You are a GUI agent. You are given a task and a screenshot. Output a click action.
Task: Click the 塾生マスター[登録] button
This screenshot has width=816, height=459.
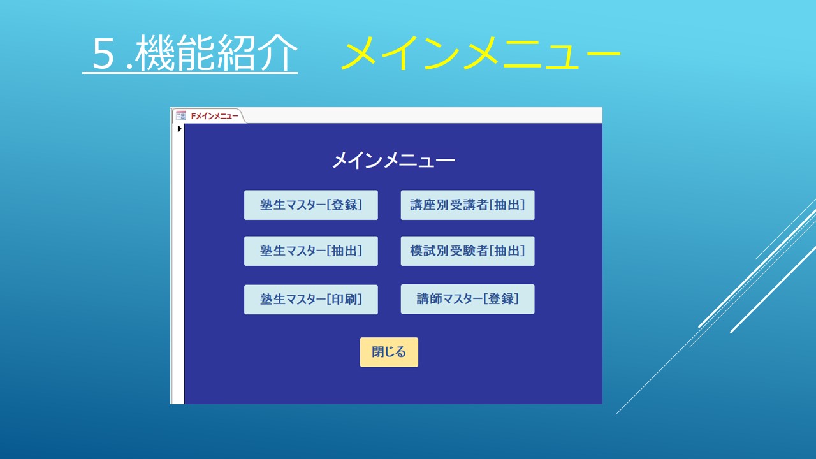click(x=310, y=205)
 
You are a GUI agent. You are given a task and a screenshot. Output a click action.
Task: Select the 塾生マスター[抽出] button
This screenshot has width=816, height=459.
click(x=310, y=251)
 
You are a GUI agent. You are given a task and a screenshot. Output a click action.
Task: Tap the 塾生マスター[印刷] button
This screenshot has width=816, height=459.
click(x=310, y=300)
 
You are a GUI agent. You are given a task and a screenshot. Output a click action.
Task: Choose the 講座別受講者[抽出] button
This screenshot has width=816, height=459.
click(x=467, y=205)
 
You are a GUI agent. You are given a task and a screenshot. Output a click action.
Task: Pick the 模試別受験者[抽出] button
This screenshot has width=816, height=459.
click(x=467, y=251)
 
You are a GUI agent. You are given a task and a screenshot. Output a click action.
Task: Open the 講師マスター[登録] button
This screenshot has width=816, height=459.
click(x=467, y=299)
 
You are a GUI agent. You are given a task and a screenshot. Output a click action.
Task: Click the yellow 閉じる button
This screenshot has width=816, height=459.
click(x=389, y=352)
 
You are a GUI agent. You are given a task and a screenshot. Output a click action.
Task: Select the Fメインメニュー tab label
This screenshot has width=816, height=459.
click(x=215, y=116)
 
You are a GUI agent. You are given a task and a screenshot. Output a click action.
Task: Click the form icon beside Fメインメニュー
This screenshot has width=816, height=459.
click(x=181, y=116)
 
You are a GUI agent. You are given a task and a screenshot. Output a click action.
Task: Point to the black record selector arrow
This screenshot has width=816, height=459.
click(x=179, y=129)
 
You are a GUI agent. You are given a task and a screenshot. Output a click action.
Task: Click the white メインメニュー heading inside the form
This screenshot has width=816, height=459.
click(x=393, y=161)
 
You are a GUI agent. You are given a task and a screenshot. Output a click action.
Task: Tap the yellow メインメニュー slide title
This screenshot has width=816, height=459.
click(x=481, y=53)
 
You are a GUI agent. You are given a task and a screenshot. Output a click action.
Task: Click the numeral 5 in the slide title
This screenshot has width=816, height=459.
click(x=103, y=54)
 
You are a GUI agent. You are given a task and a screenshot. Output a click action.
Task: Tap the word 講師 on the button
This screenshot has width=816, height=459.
click(x=430, y=299)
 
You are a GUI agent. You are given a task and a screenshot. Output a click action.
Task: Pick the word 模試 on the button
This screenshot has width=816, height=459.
click(x=423, y=251)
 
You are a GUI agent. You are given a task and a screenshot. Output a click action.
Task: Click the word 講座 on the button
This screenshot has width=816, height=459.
click(x=423, y=205)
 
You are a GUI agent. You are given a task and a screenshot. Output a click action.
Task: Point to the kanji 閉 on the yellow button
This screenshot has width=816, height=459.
click(x=378, y=352)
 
